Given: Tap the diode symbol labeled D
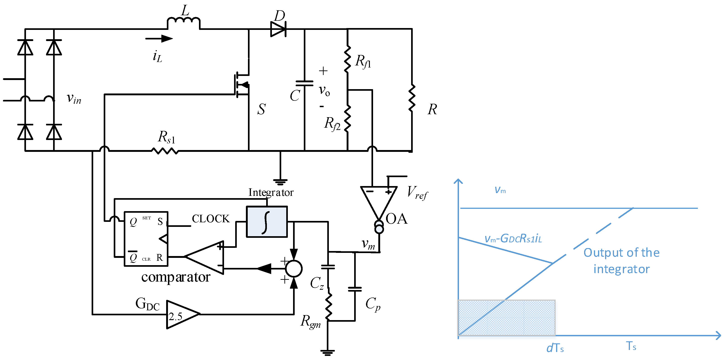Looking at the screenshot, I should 278,29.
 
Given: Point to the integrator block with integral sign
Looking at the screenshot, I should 267,222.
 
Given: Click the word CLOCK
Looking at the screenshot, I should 211,219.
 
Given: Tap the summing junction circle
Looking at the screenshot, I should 294,269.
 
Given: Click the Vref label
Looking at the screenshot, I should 417,193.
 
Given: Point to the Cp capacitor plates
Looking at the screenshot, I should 355,289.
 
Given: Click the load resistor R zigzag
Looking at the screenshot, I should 412,97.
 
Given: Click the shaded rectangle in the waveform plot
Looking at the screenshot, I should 506,318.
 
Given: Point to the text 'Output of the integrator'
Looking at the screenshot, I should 621,261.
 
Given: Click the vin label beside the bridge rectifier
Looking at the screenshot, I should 74,98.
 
